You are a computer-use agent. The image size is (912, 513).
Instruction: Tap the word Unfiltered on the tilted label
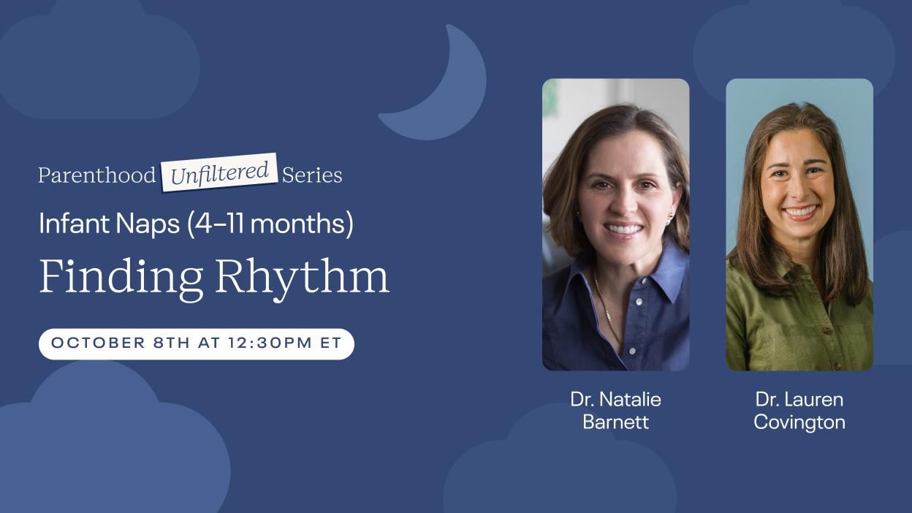(220, 173)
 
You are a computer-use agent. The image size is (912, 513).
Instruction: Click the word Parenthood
(97, 175)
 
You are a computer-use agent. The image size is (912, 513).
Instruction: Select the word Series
(312, 175)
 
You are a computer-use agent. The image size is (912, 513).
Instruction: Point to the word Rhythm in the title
(302, 278)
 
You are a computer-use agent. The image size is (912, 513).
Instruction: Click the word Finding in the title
(121, 278)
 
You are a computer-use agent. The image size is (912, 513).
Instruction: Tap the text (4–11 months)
(270, 224)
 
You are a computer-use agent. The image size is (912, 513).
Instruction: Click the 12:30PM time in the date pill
(270, 343)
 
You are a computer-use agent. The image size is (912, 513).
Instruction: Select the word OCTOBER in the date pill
(98, 343)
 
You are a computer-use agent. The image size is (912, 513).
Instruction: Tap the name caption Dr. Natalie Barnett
(615, 411)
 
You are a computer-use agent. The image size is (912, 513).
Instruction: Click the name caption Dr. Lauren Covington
(799, 411)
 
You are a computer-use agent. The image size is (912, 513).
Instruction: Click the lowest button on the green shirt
(837, 366)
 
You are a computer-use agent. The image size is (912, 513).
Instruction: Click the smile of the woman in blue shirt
(623, 229)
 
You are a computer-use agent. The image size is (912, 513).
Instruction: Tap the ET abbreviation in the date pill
(330, 343)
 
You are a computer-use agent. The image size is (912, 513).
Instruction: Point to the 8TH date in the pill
(172, 343)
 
